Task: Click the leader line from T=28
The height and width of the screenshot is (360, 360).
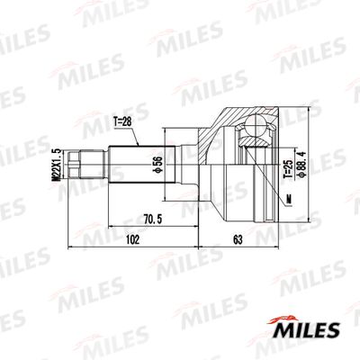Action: pos(134,135)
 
